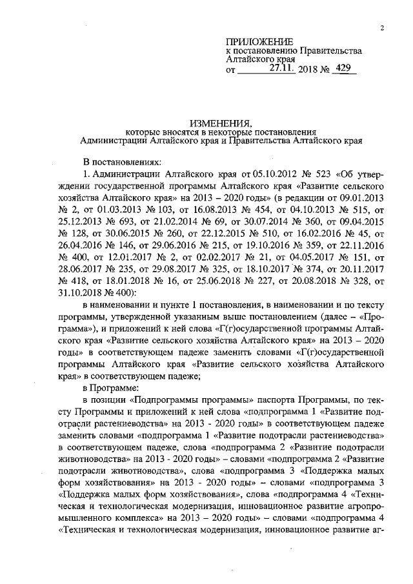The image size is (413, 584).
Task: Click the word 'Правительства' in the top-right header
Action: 329,51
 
